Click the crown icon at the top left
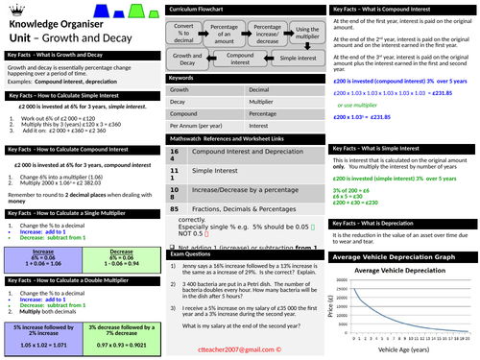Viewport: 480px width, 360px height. tap(8, 8)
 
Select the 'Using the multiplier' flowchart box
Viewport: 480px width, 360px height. tap(304, 32)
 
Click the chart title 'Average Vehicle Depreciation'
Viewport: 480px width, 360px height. tap(409, 242)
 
